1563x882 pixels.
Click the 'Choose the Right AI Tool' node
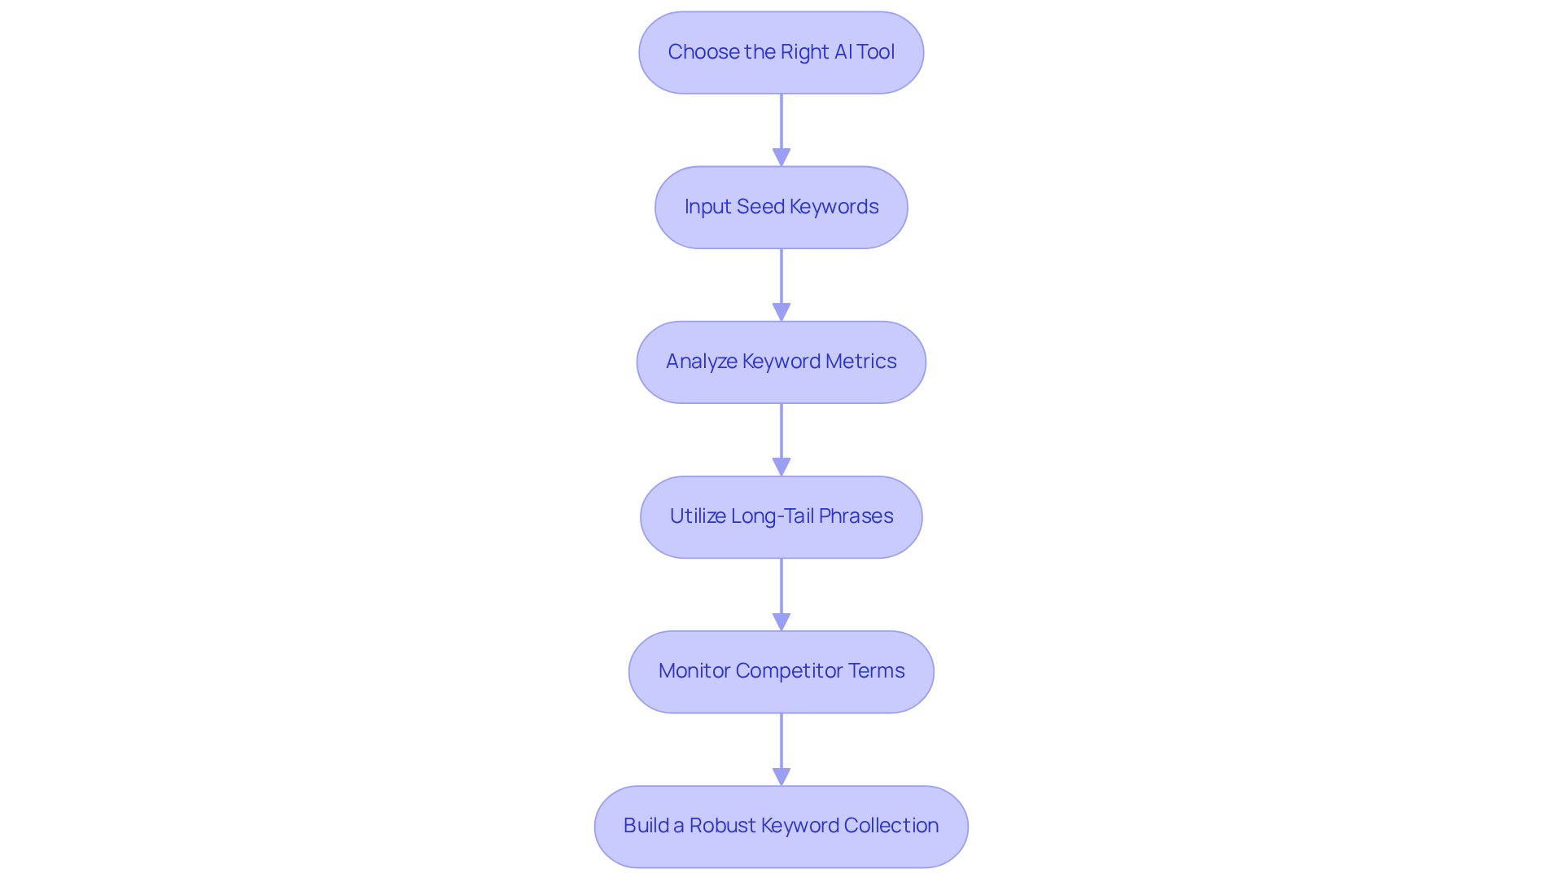(x=781, y=53)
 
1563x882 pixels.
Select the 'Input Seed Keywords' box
(x=781, y=208)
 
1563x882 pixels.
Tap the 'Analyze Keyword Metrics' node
(x=781, y=362)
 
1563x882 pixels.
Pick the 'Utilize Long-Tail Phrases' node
(x=781, y=517)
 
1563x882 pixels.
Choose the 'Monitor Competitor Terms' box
(x=781, y=672)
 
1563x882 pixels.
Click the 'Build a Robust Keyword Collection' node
(x=781, y=827)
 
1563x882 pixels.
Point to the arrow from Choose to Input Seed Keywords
(x=781, y=126)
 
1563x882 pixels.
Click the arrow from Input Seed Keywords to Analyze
(x=781, y=281)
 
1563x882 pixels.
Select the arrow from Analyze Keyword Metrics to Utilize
(x=781, y=436)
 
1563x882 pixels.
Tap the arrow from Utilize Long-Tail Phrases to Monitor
(x=781, y=590)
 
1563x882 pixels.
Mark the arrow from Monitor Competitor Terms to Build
(x=781, y=745)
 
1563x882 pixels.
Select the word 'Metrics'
(x=860, y=362)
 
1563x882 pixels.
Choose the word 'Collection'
(x=891, y=826)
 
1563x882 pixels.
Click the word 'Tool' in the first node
(x=875, y=52)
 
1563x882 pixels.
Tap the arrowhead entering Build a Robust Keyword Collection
(x=781, y=776)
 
